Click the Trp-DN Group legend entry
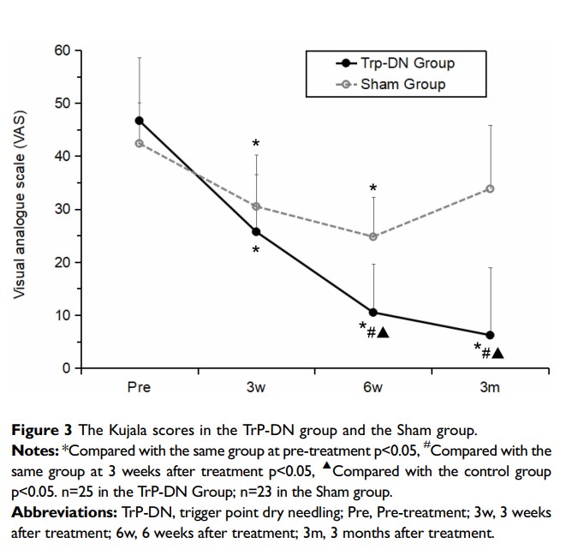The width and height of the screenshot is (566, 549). click(x=396, y=63)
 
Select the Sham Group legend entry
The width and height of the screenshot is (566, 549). click(x=390, y=85)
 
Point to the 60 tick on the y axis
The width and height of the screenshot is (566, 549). click(x=63, y=51)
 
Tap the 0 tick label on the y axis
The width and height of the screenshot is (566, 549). click(x=67, y=368)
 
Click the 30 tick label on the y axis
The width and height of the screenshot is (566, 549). click(x=63, y=209)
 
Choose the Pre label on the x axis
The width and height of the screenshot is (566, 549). click(x=139, y=387)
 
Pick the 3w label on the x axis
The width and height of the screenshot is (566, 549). click(x=256, y=387)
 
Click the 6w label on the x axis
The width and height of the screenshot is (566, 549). click(x=372, y=387)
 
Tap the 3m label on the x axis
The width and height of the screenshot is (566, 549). click(x=490, y=387)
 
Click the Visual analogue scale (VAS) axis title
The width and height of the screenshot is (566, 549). click(x=19, y=205)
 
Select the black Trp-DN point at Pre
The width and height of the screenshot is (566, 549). click(x=139, y=121)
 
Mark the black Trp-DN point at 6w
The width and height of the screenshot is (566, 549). click(x=373, y=313)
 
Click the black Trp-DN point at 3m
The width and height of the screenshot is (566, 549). click(x=490, y=336)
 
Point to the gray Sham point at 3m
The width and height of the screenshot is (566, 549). click(x=490, y=188)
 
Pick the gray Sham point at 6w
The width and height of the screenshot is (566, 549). click(x=373, y=236)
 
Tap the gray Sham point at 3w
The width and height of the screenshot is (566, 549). click(x=256, y=206)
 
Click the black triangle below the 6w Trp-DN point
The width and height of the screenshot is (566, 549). click(x=383, y=332)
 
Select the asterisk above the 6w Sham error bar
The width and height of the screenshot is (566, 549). click(x=373, y=188)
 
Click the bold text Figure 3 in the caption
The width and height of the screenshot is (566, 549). click(x=42, y=431)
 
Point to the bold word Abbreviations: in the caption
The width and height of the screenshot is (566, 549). click(x=64, y=513)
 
